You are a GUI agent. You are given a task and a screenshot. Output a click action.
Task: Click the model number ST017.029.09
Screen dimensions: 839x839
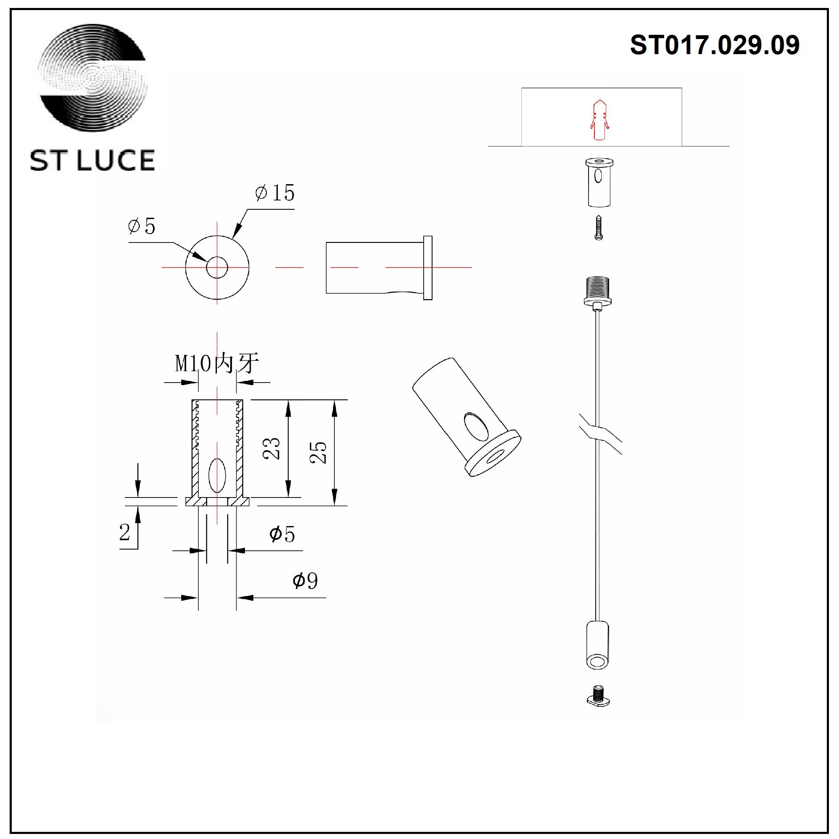click(714, 45)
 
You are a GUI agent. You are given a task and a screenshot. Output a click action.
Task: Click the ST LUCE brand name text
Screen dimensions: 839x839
click(92, 160)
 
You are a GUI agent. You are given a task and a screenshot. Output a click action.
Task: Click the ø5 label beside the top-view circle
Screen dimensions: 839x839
click(141, 226)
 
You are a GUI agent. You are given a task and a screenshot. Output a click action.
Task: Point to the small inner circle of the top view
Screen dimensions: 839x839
click(217, 268)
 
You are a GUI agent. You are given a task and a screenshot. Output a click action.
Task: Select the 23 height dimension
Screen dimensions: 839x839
click(272, 448)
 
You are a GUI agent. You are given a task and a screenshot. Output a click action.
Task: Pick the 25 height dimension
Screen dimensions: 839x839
click(318, 453)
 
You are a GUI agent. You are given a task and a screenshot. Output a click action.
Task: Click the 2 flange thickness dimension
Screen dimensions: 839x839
click(125, 532)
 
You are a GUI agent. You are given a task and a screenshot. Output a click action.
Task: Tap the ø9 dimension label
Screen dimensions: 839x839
click(305, 580)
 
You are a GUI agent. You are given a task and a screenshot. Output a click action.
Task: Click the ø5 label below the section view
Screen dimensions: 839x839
click(282, 534)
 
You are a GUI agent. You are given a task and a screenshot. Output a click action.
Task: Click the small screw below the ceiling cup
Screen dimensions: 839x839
click(599, 228)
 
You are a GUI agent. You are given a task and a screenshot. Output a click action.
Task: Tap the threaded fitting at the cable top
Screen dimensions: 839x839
click(599, 290)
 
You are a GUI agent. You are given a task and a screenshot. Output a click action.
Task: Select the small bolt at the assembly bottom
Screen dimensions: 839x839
click(599, 696)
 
